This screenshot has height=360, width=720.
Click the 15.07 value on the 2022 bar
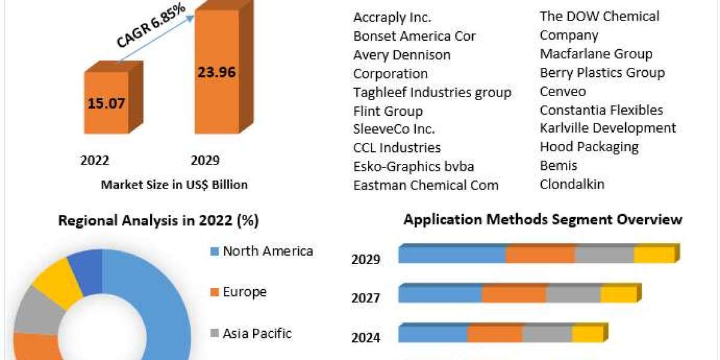(x=106, y=103)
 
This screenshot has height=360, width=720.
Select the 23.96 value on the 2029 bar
(x=216, y=72)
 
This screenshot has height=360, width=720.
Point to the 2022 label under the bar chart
(x=95, y=160)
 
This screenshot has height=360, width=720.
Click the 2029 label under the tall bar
(x=205, y=160)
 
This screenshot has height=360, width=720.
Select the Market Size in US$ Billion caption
(x=174, y=185)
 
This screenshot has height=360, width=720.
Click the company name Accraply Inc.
(x=392, y=17)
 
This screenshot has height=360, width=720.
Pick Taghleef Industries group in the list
(x=432, y=92)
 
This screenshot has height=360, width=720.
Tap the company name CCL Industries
(x=397, y=148)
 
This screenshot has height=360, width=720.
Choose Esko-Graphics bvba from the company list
(x=413, y=166)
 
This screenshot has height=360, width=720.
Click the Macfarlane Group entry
(x=596, y=54)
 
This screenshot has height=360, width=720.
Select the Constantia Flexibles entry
(x=601, y=110)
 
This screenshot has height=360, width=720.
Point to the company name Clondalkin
(x=572, y=184)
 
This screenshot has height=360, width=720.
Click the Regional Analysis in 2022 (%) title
(x=158, y=220)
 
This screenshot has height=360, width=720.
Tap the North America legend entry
(x=267, y=251)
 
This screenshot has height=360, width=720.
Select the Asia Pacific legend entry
(x=256, y=333)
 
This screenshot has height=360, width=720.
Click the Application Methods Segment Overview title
(x=542, y=219)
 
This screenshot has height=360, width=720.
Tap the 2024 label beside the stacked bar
(x=366, y=337)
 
